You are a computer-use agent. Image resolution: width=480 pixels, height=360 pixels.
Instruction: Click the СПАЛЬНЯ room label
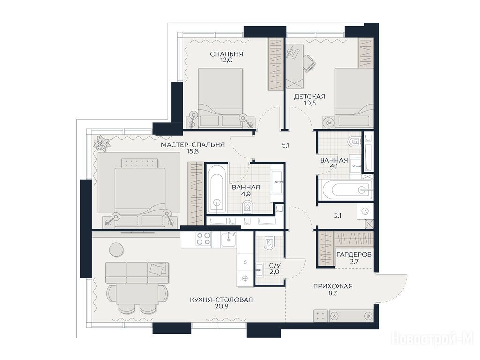[226, 54]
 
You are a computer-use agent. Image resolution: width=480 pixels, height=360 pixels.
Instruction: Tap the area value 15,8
[193, 150]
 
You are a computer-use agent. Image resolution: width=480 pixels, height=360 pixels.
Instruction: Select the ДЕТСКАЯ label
[309, 97]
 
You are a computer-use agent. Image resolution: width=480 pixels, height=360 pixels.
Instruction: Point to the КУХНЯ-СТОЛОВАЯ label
[221, 300]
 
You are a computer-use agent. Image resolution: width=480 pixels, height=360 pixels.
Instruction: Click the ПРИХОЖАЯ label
[333, 286]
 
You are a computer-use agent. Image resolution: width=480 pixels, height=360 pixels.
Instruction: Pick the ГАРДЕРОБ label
[354, 255]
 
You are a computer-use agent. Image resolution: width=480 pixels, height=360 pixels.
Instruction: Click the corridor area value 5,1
[285, 146]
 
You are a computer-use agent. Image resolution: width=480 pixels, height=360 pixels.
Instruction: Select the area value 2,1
[337, 216]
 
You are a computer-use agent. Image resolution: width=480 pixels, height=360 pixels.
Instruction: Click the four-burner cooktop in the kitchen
[203, 239]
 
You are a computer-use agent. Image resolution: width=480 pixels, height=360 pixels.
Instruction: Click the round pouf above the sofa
[117, 249]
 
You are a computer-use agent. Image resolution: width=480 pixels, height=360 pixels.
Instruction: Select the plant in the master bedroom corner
[101, 143]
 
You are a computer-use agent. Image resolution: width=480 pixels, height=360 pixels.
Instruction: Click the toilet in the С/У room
[270, 243]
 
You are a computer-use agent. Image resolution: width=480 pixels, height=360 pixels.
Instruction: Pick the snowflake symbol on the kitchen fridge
[245, 278]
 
